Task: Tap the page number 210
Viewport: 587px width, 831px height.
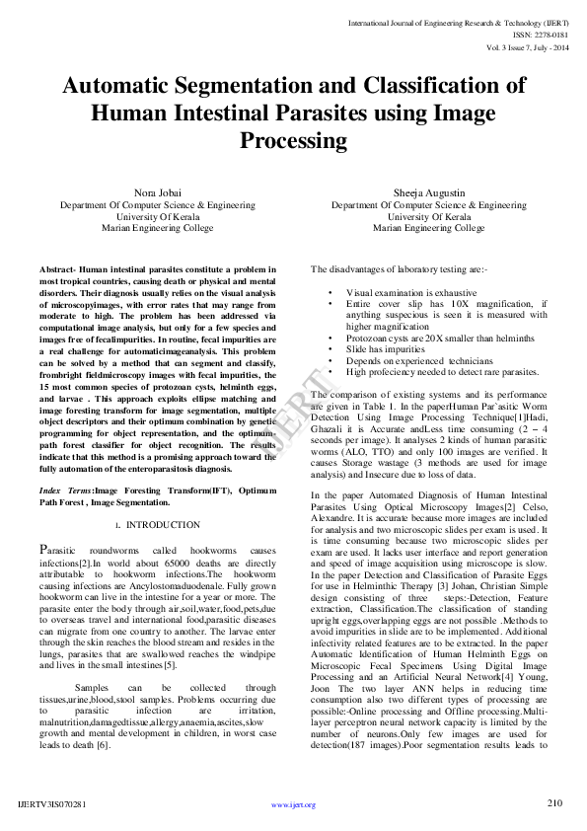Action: pos(553,803)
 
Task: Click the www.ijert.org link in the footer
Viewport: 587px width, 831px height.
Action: pos(293,804)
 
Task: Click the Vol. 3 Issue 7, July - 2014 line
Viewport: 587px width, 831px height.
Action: pos(528,46)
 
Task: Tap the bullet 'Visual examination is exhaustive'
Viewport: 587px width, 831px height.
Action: pos(410,294)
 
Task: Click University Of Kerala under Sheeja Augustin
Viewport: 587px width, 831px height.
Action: pos(428,215)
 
